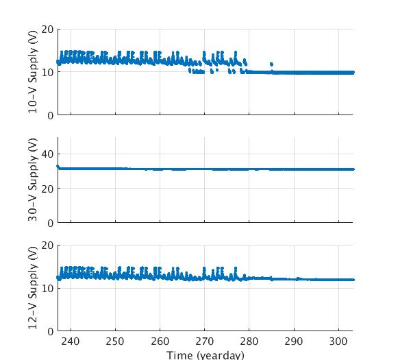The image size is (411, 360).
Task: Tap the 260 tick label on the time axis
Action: click(160, 342)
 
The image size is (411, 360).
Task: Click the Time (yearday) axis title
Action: click(206, 355)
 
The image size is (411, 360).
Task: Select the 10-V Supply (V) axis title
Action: click(33, 72)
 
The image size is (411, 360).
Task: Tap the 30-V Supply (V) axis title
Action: click(33, 180)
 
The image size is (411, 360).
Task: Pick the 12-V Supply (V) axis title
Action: click(33, 288)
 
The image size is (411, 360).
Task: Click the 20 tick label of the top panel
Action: click(47, 29)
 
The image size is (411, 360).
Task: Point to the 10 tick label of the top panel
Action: click(47, 73)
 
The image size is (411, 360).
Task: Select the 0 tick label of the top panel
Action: click(50, 115)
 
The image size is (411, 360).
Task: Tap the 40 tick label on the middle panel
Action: click(47, 154)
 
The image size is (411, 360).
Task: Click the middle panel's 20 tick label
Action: click(47, 189)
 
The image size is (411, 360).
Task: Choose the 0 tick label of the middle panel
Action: click(50, 223)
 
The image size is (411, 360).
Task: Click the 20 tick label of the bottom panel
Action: click(47, 245)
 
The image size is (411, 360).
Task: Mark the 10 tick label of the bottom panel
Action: click(47, 288)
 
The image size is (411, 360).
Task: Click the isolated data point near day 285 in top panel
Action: click(272, 64)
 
